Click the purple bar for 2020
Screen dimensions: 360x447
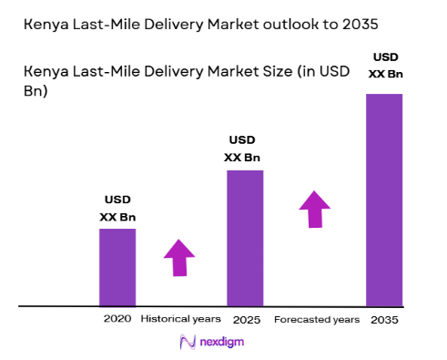coord(117,266)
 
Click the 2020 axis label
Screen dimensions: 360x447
coord(117,319)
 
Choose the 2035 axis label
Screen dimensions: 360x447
coord(385,319)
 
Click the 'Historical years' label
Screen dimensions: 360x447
coord(181,319)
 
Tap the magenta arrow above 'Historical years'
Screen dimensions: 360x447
coord(179,258)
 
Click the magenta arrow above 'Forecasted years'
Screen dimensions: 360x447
coord(315,210)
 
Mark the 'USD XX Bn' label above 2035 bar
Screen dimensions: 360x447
coord(385,65)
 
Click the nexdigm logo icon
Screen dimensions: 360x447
coord(188,342)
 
